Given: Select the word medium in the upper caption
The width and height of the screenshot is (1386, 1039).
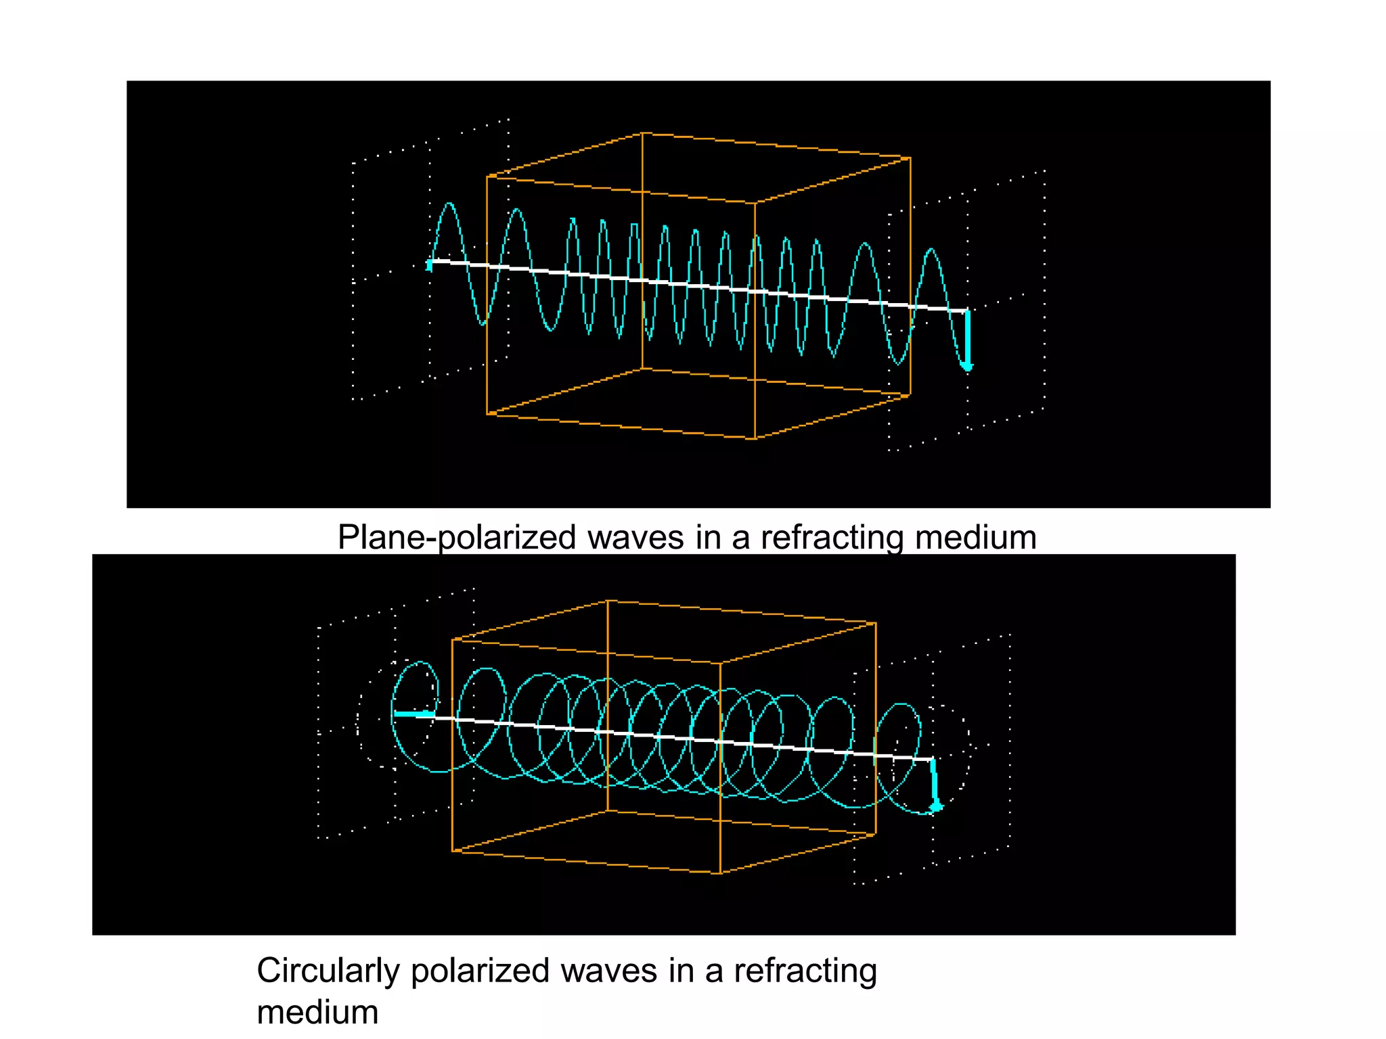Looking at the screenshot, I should click(x=975, y=538).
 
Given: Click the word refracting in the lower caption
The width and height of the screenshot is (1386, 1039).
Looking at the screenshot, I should click(x=805, y=972).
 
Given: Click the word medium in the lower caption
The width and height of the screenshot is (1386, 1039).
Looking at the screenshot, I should click(x=317, y=1013).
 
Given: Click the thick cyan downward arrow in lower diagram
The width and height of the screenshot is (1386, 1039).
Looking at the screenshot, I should click(x=935, y=785).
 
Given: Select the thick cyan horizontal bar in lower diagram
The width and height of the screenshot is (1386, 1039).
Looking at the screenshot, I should click(x=414, y=714).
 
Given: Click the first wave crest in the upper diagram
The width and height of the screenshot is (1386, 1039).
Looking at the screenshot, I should click(x=449, y=204).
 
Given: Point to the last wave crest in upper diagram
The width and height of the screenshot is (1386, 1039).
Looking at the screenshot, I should click(x=932, y=250).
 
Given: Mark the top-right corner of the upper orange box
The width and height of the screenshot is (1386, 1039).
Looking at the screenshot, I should click(x=910, y=158).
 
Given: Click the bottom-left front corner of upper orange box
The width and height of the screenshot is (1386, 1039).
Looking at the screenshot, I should click(x=487, y=414).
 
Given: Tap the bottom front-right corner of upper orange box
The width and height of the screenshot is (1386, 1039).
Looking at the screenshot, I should click(x=755, y=438).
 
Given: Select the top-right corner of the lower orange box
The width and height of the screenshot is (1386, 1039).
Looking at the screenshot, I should click(x=876, y=623).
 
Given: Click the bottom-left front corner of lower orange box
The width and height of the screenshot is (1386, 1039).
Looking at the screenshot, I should click(x=452, y=851).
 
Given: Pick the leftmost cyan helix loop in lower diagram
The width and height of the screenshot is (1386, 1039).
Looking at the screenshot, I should click(x=415, y=716).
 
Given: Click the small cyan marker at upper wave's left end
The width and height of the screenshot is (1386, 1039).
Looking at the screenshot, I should click(x=429, y=265).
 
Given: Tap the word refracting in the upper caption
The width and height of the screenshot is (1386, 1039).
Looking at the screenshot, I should click(x=832, y=538).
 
